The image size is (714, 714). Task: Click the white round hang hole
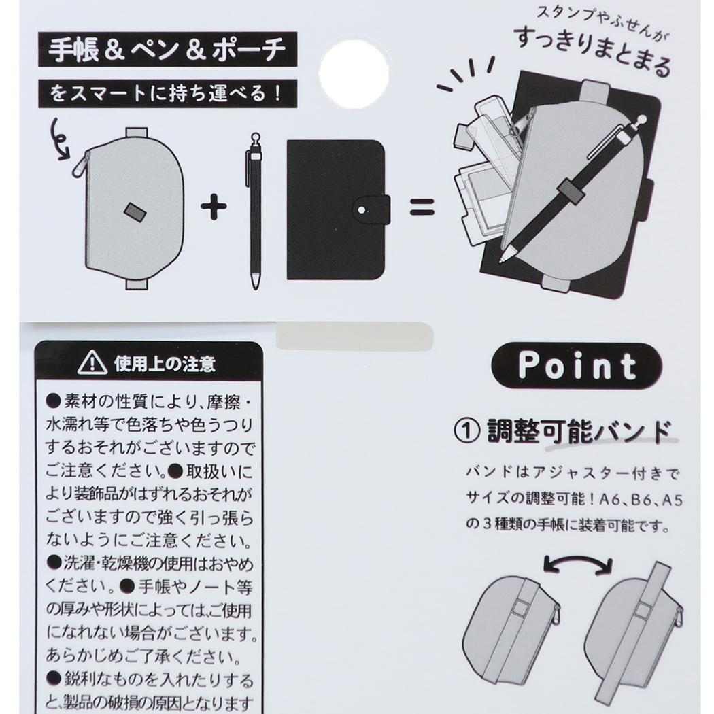coord(354,73)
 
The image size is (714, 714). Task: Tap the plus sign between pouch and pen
coord(214,207)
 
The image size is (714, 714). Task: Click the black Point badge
coord(577,365)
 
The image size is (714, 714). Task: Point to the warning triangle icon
coord(92,363)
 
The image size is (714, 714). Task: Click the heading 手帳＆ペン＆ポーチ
coord(167,50)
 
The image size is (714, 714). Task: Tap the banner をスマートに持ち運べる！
coord(167,93)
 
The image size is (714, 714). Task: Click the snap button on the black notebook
coord(362,210)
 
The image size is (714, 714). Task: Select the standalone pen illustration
coord(256,211)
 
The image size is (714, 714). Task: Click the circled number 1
coord(467,430)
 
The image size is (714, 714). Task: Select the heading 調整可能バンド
coord(579,430)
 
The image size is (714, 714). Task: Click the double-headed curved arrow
coord(578,560)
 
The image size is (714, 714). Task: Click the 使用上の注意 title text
coord(165,363)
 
